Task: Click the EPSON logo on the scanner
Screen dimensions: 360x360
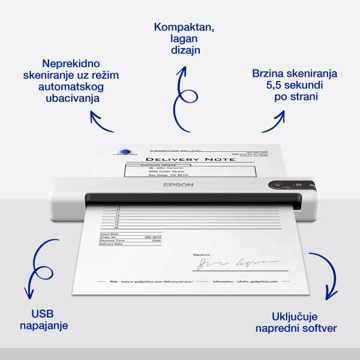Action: [x=178, y=185]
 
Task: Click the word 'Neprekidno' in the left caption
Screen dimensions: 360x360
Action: [x=71, y=63]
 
